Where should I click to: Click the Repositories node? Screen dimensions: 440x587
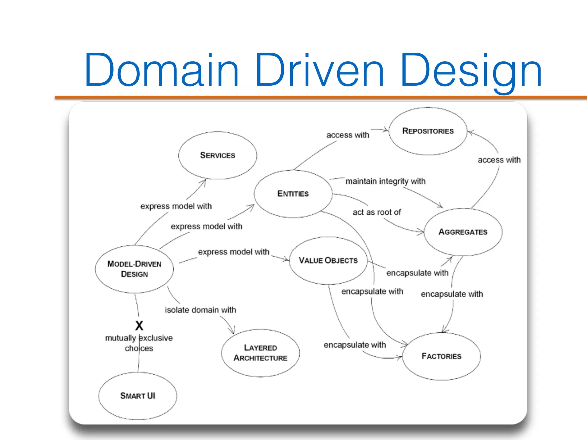(x=428, y=131)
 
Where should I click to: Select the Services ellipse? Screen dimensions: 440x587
(x=218, y=155)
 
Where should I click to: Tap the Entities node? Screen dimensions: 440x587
(x=293, y=194)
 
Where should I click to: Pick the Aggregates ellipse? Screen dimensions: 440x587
(x=463, y=232)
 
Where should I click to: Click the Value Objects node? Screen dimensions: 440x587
(x=328, y=260)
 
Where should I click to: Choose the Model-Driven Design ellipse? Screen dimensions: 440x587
(x=134, y=269)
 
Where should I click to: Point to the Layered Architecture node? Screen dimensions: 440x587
(x=260, y=353)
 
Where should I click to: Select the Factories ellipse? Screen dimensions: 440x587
(x=441, y=356)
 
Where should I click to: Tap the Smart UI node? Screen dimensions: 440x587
(x=138, y=396)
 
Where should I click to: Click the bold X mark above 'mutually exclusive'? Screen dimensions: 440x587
(x=139, y=326)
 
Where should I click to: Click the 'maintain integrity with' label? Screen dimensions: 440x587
(x=386, y=181)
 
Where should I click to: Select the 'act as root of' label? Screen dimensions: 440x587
(x=377, y=212)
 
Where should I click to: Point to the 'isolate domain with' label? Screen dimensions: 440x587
(x=200, y=310)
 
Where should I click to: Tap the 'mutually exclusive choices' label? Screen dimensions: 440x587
(x=139, y=343)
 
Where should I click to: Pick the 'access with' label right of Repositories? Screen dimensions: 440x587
(x=499, y=160)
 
